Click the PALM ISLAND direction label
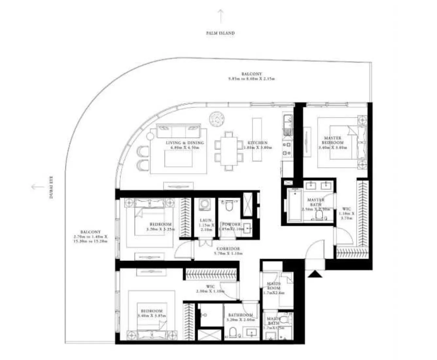point(220,33)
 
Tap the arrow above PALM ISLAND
point(221,16)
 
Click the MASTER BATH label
point(316,202)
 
